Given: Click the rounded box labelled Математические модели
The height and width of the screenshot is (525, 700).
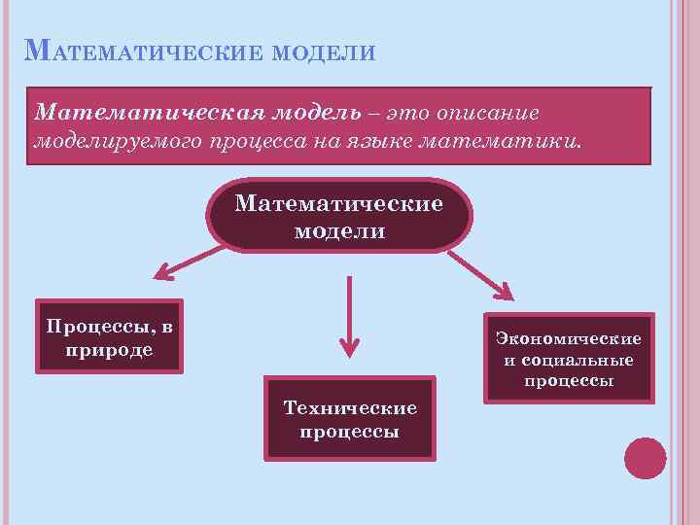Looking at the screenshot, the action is (338, 217).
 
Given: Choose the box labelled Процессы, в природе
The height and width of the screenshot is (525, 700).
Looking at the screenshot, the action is (109, 335).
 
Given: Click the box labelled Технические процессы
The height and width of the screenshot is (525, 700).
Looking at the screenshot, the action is (350, 419).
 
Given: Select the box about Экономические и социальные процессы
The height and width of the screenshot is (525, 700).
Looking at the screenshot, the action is (569, 358).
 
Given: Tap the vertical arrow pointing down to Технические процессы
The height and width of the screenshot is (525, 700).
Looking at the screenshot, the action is (348, 316).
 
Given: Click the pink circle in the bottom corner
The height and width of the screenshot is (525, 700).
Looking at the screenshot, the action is (646, 459).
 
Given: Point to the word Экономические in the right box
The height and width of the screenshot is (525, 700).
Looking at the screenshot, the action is (569, 338).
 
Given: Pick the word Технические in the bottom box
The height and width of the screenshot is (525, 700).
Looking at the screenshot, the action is (350, 408).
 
